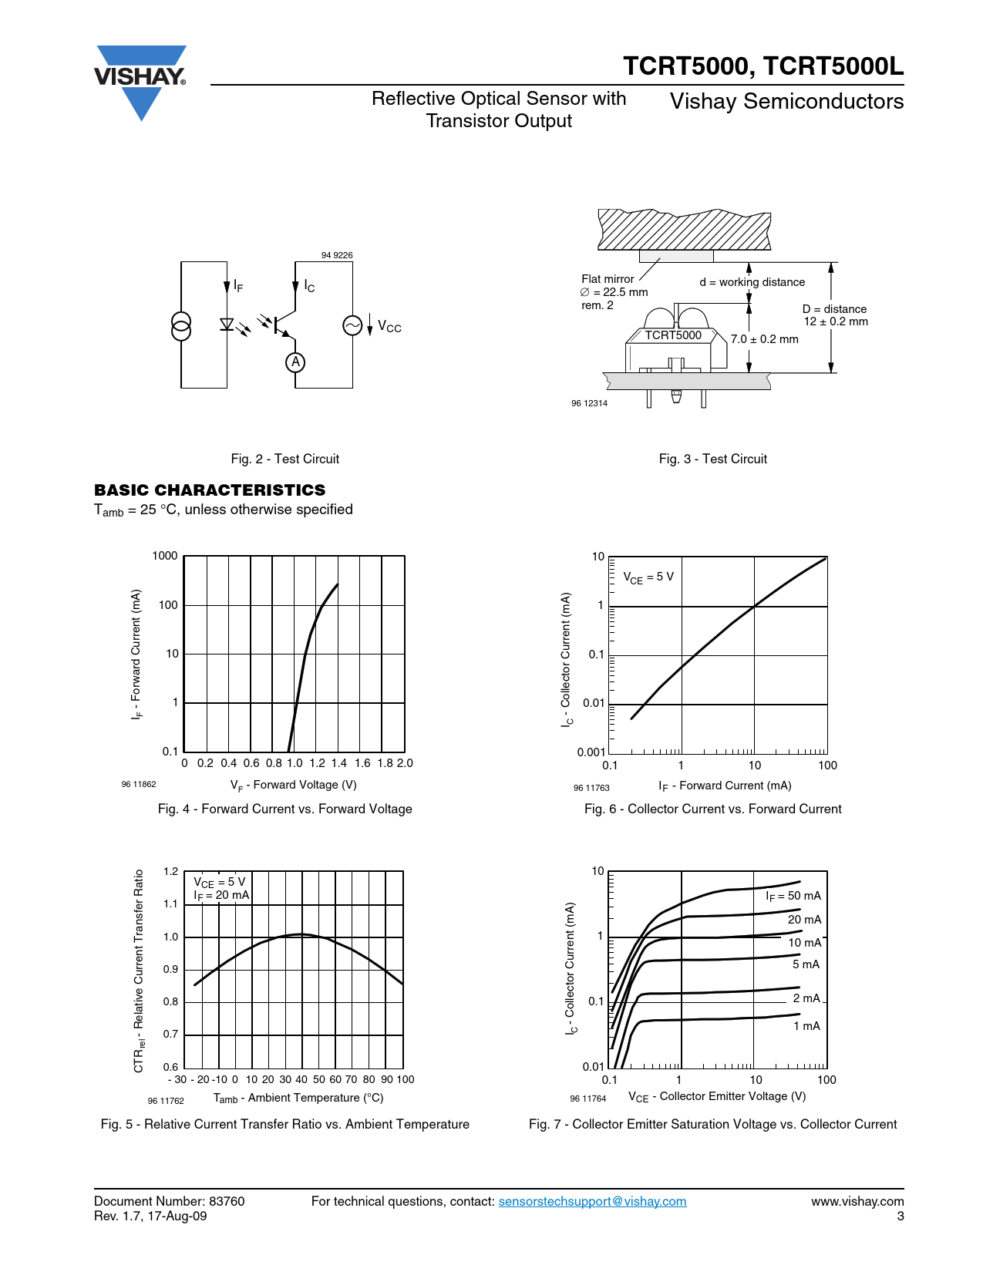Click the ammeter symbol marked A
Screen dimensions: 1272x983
coord(295,362)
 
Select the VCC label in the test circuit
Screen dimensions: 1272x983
coord(389,327)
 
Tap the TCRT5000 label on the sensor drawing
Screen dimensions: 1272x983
coord(673,335)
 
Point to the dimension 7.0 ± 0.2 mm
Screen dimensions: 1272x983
coord(764,339)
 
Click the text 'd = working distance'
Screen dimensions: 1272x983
coord(752,282)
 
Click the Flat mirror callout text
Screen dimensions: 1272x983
coord(608,279)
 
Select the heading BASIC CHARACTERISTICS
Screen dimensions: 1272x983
coord(210,490)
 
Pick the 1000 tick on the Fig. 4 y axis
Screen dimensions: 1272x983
coord(165,556)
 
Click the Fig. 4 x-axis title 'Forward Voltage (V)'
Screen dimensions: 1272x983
coord(294,785)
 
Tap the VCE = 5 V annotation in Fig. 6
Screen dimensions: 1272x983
coord(648,577)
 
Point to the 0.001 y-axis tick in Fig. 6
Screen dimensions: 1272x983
coord(591,752)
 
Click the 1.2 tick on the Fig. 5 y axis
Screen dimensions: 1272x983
coord(170,872)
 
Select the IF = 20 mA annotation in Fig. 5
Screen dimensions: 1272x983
coord(221,895)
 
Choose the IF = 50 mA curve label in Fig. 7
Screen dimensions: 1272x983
coord(793,896)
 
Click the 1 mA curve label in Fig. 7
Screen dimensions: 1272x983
coord(806,1026)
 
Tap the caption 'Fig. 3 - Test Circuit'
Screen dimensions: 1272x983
coord(712,459)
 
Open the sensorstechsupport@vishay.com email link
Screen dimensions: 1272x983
coord(592,1201)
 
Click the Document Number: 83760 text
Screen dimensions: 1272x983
coord(169,1201)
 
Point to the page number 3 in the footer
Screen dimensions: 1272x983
coord(900,1216)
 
